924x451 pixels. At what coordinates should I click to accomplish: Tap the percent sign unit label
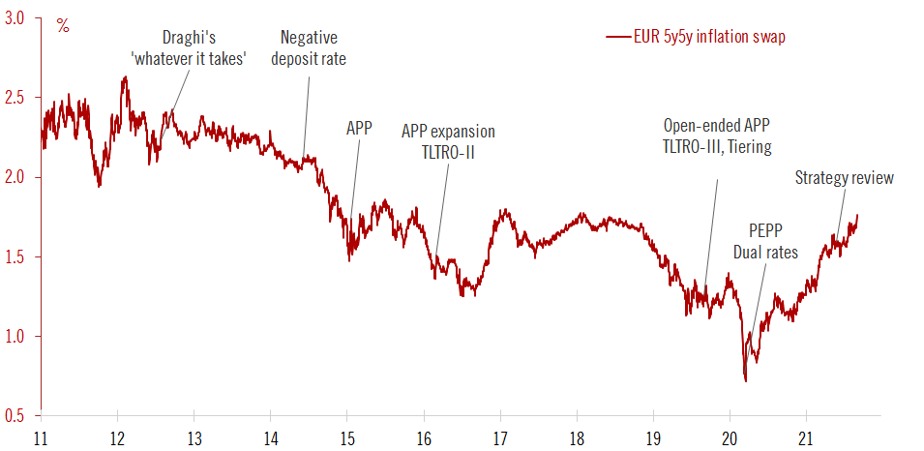click(x=63, y=26)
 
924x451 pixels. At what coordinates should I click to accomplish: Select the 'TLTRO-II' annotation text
click(x=447, y=150)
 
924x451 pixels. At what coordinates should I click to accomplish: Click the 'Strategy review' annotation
click(x=844, y=177)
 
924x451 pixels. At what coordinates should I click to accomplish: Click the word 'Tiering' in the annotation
click(x=745, y=146)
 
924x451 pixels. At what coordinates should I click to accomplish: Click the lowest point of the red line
click(x=745, y=381)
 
